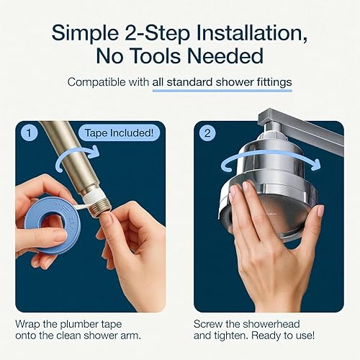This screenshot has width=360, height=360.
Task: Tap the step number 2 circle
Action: [x=207, y=133]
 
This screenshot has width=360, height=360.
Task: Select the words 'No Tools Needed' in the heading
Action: [x=180, y=55]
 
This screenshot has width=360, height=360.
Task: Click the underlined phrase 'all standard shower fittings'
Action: [x=222, y=82]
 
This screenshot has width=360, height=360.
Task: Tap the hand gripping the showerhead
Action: [x=277, y=238]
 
